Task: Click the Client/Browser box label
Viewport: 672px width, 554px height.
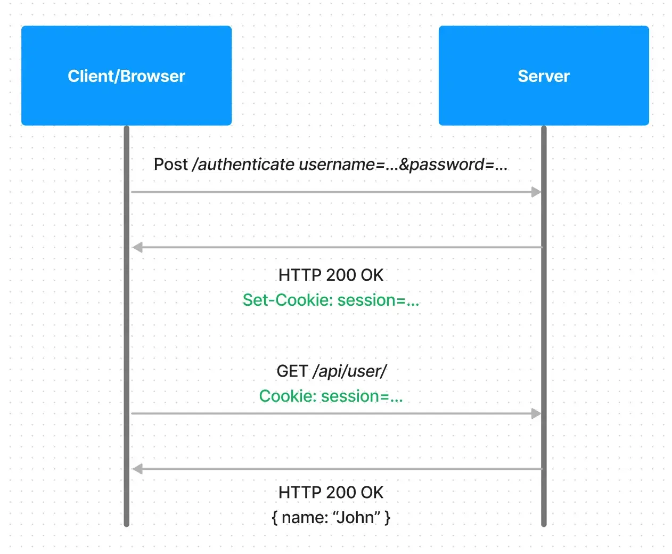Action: [x=126, y=76]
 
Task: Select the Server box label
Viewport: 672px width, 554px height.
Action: [x=544, y=76]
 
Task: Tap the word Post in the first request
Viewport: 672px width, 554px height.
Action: [x=170, y=164]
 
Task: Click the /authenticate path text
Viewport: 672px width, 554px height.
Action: [x=243, y=164]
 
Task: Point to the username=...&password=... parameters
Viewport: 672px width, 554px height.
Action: [x=403, y=165]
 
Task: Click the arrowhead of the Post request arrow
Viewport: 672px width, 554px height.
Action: [x=536, y=192]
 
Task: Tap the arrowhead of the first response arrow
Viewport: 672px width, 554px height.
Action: [x=137, y=247]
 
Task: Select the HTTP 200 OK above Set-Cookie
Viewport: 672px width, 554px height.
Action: [x=331, y=275]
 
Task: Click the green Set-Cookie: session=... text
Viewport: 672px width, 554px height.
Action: [x=331, y=300]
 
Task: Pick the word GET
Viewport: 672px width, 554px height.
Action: [x=292, y=371]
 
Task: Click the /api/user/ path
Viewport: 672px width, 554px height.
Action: [x=349, y=371]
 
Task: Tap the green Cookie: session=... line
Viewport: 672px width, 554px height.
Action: [x=331, y=396]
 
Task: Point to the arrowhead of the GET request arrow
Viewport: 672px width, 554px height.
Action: [x=536, y=413]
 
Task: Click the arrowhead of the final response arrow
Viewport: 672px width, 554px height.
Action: [x=137, y=469]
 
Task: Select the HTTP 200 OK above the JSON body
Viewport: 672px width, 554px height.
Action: [x=331, y=492]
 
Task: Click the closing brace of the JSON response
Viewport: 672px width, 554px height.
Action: [x=388, y=518]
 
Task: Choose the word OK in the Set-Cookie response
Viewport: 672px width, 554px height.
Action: [x=372, y=275]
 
